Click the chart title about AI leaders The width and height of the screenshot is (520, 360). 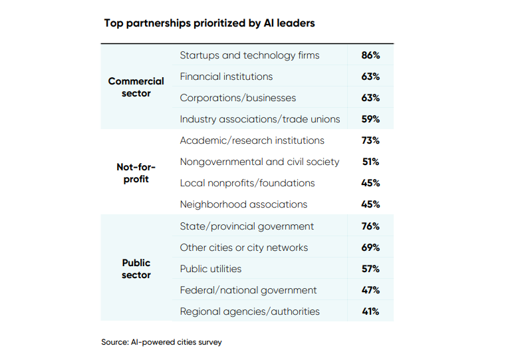coord(209,23)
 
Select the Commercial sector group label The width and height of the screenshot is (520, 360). coord(136,87)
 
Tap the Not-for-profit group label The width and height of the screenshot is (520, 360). coord(136,173)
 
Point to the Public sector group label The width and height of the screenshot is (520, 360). coord(136,269)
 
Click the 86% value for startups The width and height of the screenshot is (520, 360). coord(370,55)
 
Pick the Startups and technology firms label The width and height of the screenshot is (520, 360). coord(249,55)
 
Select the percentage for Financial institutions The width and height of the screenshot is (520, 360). coord(370,77)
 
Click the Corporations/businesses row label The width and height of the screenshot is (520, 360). coord(237,98)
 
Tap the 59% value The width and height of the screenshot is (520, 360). coord(370,119)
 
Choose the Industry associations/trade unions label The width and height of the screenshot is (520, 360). coord(259,119)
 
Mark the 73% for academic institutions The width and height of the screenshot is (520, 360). coord(370,140)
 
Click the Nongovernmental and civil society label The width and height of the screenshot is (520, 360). coord(259,162)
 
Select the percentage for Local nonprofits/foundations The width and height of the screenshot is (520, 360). coord(370,183)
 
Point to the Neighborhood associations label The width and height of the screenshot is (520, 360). coord(243,204)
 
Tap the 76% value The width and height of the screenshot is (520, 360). coord(370,226)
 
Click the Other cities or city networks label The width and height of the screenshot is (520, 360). coord(243,248)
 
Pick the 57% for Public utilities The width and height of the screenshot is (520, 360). coord(370,269)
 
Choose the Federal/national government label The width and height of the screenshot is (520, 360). coord(248,290)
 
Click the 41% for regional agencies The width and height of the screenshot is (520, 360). coord(370,311)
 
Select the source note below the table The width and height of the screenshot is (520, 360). coord(162,342)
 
